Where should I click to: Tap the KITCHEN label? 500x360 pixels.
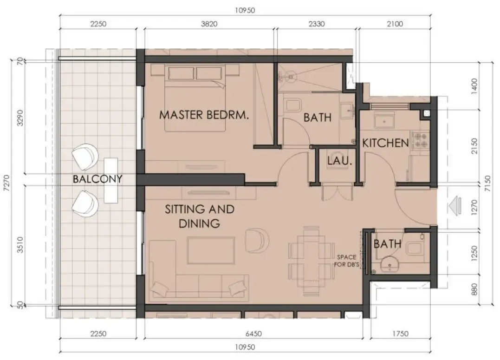pos(385,143)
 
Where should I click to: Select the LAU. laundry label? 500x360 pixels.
pos(338,162)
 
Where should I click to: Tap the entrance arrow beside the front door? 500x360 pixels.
pos(455,204)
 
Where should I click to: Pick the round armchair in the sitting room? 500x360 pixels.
pos(257,239)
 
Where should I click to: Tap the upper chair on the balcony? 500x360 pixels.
pos(86,157)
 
